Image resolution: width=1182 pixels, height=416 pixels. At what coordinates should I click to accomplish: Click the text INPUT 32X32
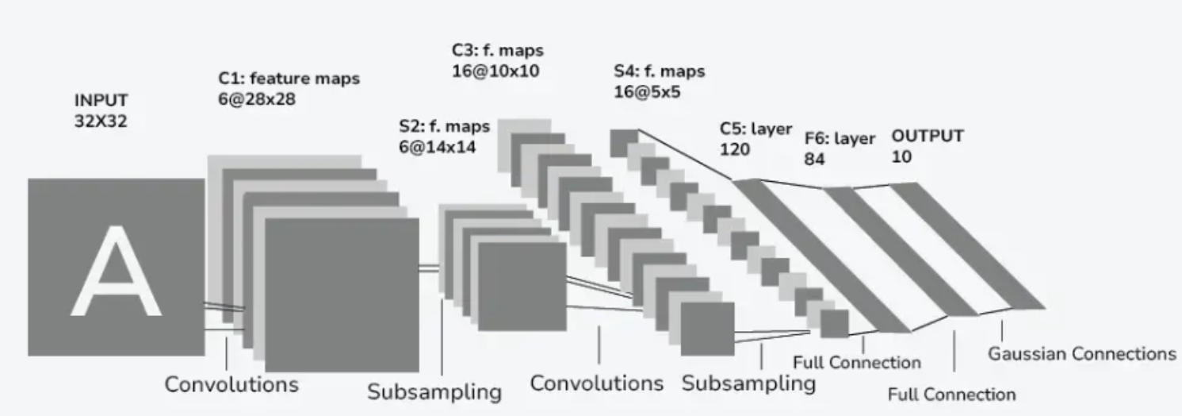click(101, 111)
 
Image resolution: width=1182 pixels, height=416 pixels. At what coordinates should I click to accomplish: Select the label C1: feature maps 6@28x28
click(289, 89)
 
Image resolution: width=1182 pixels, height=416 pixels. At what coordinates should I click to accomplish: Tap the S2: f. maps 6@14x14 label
click(445, 136)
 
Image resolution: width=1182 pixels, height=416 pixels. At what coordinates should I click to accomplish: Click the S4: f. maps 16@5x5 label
click(659, 81)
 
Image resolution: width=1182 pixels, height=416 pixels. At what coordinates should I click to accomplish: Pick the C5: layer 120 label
click(755, 138)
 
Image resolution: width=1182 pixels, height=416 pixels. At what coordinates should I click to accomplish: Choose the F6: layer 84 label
click(840, 148)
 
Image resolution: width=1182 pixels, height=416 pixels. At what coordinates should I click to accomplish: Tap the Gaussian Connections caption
click(1081, 353)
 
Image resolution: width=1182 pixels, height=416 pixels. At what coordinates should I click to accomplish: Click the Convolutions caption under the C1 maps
click(231, 385)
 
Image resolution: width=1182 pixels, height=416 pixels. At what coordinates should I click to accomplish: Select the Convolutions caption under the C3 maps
click(596, 383)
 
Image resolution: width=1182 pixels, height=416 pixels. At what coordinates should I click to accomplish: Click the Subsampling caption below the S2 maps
click(434, 392)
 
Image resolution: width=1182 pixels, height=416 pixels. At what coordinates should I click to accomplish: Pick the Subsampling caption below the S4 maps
click(748, 383)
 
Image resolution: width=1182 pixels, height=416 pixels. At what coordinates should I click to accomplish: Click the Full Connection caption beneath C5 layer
click(856, 363)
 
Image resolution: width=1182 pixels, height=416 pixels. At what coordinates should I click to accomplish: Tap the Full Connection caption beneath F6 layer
click(951, 395)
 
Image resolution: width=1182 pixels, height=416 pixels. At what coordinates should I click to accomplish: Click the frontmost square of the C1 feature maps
click(341, 294)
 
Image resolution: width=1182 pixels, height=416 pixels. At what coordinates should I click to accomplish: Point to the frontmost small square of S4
click(834, 324)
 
